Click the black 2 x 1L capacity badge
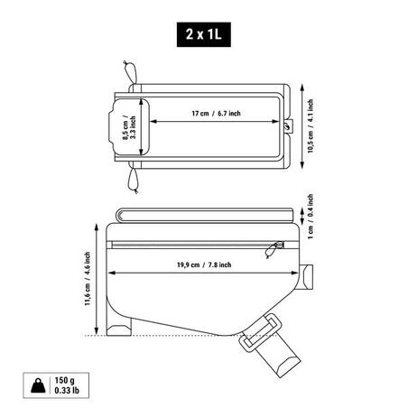pyautogui.click(x=204, y=34)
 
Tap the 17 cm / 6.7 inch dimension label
pyautogui.click(x=216, y=114)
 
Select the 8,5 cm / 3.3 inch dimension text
pyautogui.click(x=129, y=127)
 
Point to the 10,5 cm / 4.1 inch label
pyautogui.click(x=311, y=126)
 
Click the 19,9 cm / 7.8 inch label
pyautogui.click(x=204, y=264)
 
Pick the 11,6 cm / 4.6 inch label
pyautogui.click(x=88, y=279)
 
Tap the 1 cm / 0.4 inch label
pyautogui.click(x=311, y=217)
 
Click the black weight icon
pyautogui.click(x=38, y=385)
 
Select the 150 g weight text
pyautogui.click(x=64, y=380)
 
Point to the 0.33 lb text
pyautogui.click(x=67, y=391)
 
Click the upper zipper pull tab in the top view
pyautogui.click(x=130, y=72)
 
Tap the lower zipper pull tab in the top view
pyautogui.click(x=133, y=181)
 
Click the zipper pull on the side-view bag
pyautogui.click(x=274, y=248)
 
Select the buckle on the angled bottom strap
pyautogui.click(x=261, y=332)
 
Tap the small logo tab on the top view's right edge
pyautogui.click(x=289, y=125)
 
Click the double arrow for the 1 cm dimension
pyautogui.click(x=302, y=217)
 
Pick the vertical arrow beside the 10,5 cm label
pyautogui.click(x=302, y=126)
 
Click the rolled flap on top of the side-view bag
pyautogui.click(x=205, y=216)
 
